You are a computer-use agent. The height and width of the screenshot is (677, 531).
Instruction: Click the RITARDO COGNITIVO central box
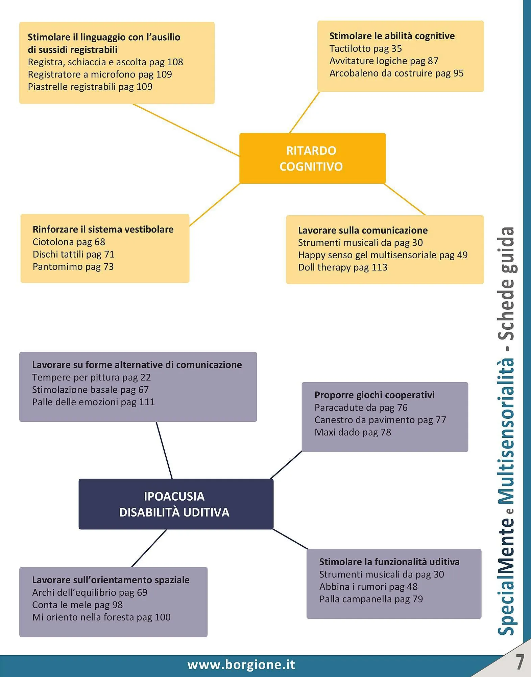312,158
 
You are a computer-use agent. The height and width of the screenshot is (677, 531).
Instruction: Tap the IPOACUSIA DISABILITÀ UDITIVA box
175,504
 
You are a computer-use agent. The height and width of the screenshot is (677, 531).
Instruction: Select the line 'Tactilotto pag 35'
365,49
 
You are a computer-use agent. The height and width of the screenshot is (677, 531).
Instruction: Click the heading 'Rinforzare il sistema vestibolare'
103,230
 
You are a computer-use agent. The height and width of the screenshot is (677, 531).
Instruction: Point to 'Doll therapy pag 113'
342,267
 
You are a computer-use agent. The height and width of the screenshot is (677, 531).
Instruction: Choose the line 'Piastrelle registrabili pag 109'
90,87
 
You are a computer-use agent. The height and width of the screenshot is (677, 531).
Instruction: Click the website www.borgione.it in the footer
241,665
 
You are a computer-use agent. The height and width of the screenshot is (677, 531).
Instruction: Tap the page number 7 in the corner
520,662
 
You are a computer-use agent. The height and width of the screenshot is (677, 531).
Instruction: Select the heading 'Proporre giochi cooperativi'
374,395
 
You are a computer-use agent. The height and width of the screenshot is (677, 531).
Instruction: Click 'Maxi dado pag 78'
353,432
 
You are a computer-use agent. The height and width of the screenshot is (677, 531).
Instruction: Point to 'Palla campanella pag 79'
371,599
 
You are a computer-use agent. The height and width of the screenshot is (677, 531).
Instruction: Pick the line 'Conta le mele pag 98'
77,605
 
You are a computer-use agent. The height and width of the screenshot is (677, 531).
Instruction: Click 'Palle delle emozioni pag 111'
93,402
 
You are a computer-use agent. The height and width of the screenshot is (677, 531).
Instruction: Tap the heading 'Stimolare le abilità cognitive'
392,36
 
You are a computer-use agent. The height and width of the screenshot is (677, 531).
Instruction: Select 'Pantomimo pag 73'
73,267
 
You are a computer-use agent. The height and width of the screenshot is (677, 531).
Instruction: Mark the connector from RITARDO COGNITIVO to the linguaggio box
186,130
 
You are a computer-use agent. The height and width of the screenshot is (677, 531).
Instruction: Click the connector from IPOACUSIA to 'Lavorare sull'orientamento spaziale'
149,548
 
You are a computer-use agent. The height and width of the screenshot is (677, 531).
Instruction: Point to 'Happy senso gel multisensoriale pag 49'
383,255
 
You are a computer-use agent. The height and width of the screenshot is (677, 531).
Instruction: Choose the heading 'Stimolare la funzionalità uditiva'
389,562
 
